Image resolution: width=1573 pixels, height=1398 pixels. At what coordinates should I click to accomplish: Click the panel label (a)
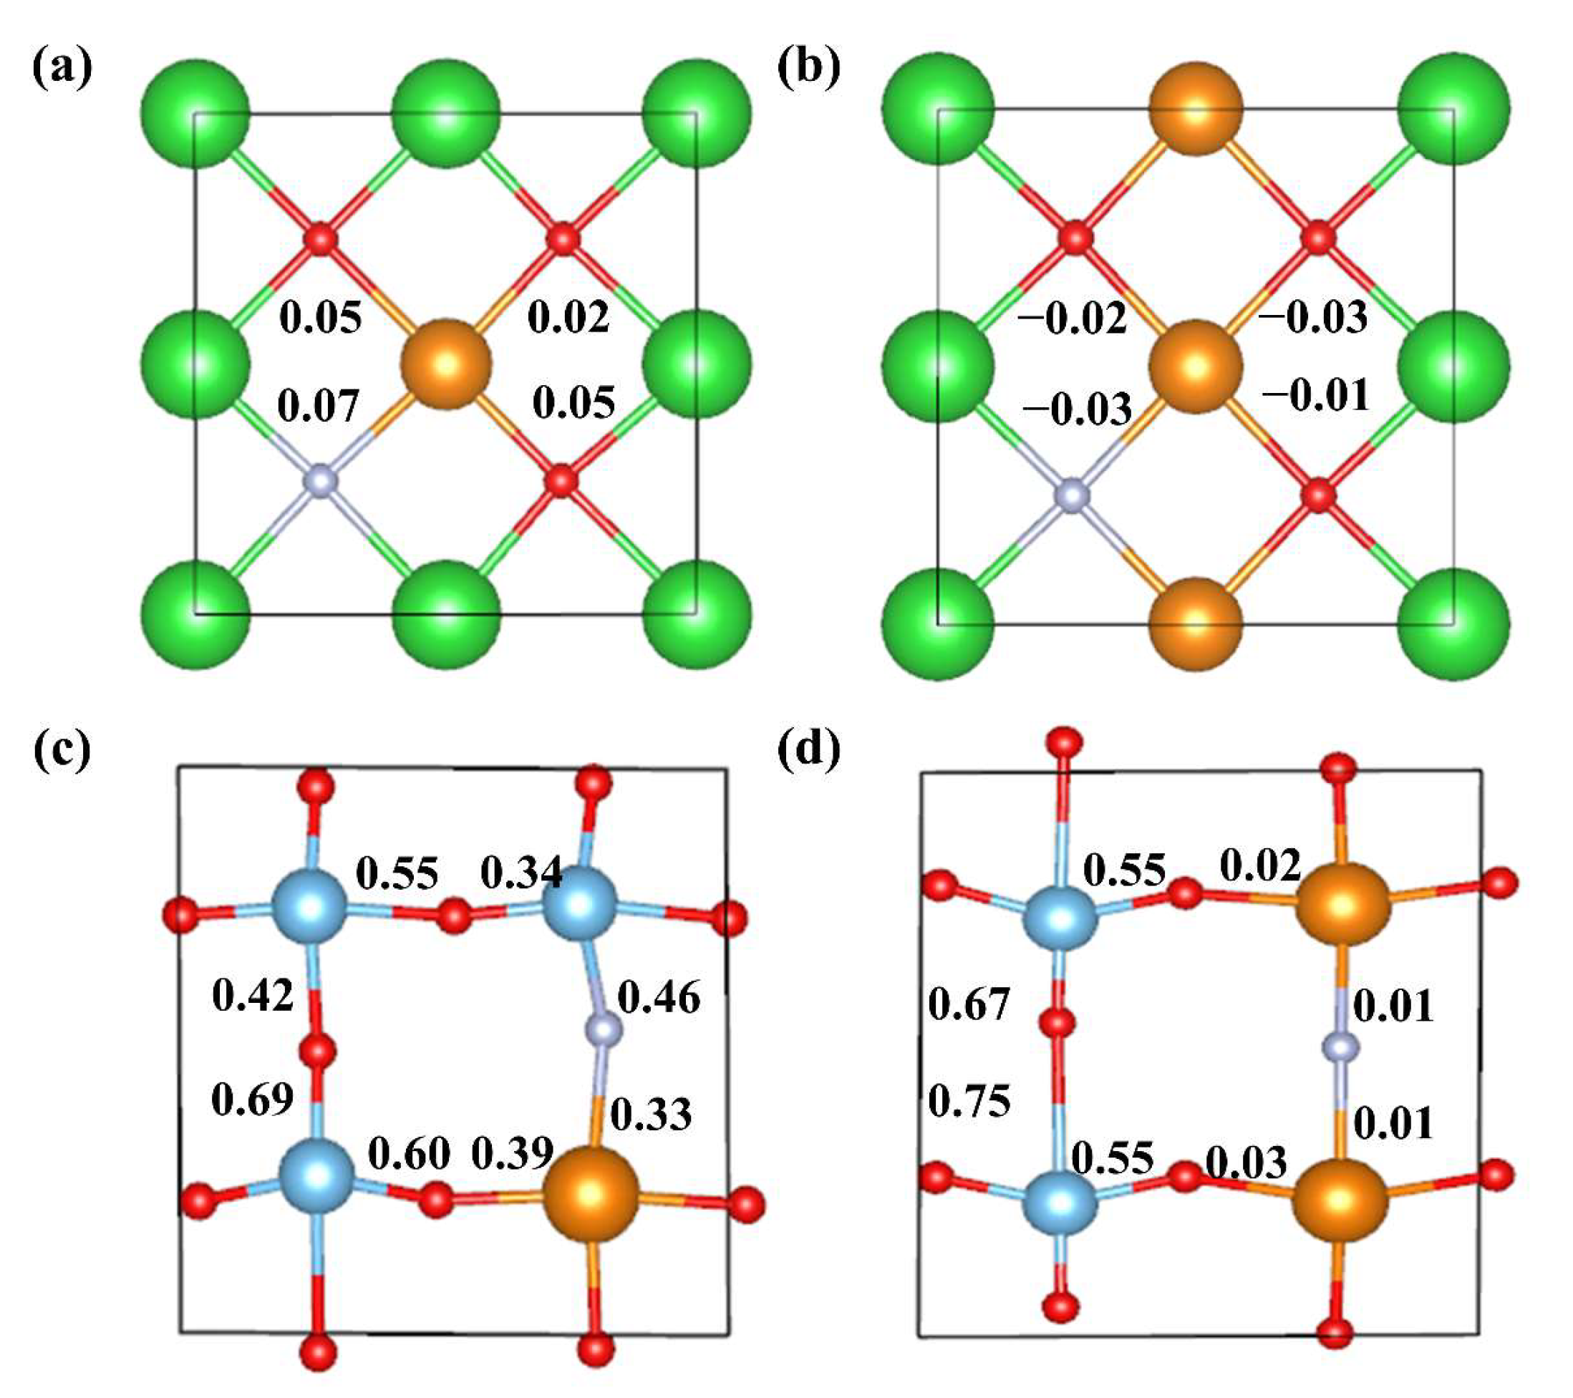tap(62, 69)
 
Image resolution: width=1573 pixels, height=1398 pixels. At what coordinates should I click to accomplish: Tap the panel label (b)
tap(809, 69)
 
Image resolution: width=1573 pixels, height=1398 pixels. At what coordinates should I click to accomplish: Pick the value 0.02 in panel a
tap(568, 316)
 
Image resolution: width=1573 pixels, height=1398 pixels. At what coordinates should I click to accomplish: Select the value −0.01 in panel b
tap(1316, 394)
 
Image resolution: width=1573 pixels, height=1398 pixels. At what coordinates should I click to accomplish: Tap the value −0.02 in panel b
tap(1072, 318)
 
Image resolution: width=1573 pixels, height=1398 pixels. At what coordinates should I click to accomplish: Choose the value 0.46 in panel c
tap(659, 998)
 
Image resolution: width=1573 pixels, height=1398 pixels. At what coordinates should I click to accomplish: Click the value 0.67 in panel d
tap(969, 1004)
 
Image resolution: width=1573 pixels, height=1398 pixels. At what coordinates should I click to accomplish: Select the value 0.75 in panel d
tap(969, 1101)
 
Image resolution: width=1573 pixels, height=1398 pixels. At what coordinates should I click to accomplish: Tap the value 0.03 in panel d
tap(1246, 1161)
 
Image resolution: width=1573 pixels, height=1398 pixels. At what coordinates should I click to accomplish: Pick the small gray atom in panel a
tap(321, 482)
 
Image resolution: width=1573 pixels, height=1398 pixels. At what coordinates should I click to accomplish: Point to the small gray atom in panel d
tap(1341, 1047)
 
